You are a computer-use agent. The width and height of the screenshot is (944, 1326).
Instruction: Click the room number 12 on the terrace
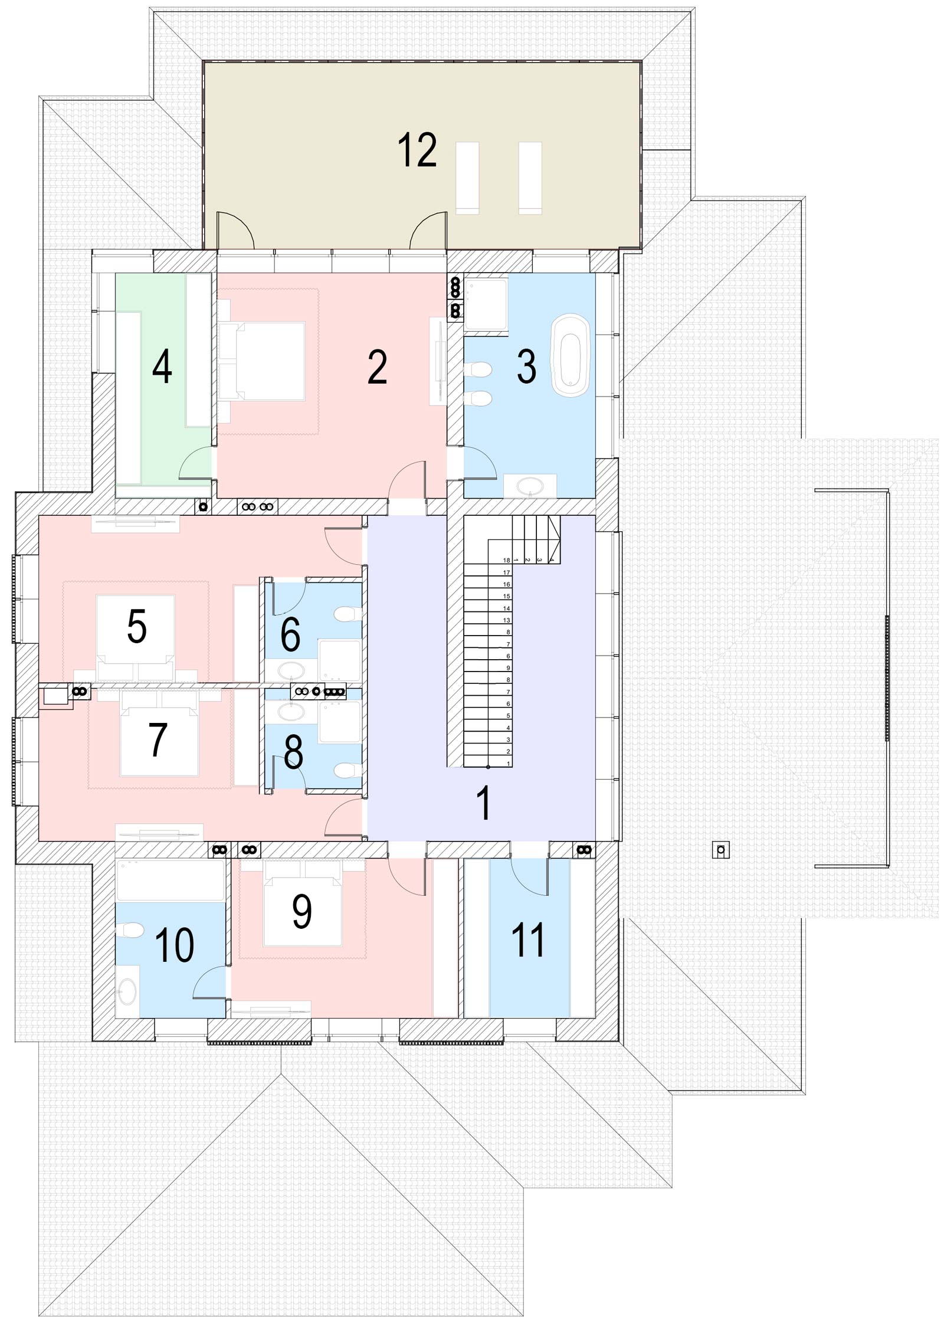click(x=417, y=150)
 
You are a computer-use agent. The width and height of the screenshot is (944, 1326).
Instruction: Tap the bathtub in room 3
click(x=570, y=353)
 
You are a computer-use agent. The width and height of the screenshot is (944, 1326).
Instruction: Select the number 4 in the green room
click(x=162, y=366)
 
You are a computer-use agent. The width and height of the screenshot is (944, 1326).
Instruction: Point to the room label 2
click(x=377, y=366)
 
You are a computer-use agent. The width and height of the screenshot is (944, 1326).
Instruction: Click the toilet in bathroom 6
click(x=348, y=614)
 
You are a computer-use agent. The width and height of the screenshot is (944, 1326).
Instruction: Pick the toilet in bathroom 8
click(x=348, y=770)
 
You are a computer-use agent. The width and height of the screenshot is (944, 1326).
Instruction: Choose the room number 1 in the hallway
click(x=484, y=803)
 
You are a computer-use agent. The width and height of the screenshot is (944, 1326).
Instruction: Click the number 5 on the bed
click(x=137, y=626)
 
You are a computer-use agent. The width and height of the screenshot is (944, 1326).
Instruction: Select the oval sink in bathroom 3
click(x=530, y=486)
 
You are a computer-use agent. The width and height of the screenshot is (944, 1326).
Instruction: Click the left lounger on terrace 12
click(x=467, y=178)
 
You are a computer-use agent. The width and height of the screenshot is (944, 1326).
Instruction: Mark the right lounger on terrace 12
click(x=530, y=178)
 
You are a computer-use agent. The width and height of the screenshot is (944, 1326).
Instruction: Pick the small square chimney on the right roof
click(x=720, y=850)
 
